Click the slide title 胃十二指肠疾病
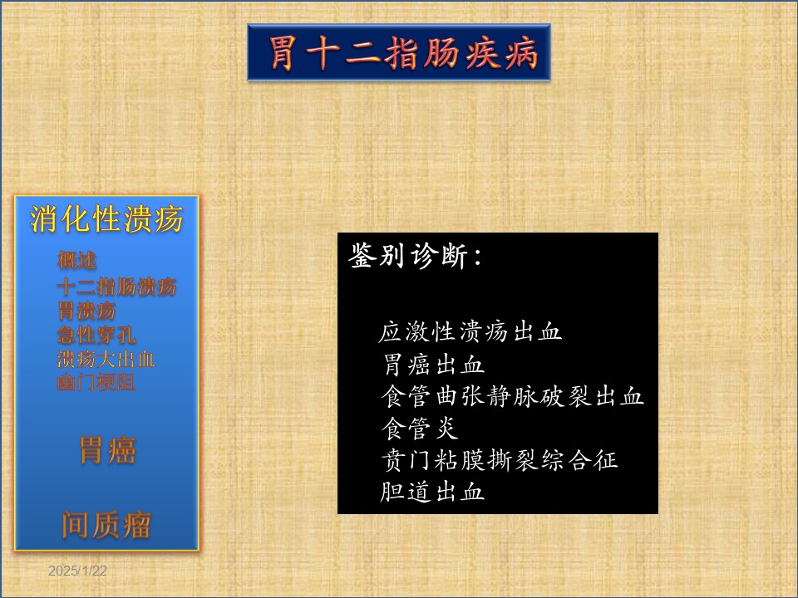point(402,52)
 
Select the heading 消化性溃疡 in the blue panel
point(106,219)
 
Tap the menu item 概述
point(76,260)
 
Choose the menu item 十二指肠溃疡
point(116,287)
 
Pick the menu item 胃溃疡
point(86,311)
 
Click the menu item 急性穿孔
point(96,335)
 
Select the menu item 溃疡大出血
point(106,359)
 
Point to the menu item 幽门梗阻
point(96,382)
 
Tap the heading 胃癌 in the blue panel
point(107,450)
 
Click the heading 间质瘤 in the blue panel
point(106,525)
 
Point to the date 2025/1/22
point(77,571)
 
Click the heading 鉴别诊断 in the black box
point(407,255)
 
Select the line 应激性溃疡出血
point(470,332)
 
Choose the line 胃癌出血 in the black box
point(432,365)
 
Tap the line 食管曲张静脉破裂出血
point(513,396)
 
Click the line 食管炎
point(420,429)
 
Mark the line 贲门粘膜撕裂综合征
point(500,460)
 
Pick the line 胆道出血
point(432,492)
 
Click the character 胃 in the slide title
point(283,53)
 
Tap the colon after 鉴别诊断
point(477,257)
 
